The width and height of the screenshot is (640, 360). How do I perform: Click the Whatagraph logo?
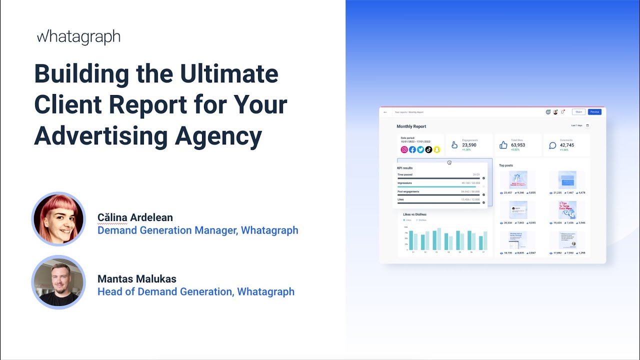click(x=78, y=37)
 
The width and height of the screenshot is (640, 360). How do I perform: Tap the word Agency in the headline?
click(x=218, y=135)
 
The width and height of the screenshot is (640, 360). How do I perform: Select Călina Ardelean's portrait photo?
click(x=58, y=219)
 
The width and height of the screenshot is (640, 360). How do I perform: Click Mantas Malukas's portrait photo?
click(x=58, y=282)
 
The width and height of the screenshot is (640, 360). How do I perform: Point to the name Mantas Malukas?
click(x=137, y=279)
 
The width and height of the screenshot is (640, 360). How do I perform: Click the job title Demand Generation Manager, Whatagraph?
click(x=197, y=230)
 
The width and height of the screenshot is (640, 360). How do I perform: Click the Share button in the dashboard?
click(x=578, y=112)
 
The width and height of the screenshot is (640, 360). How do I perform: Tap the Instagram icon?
click(x=404, y=149)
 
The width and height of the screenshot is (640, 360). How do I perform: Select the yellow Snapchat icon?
click(x=436, y=149)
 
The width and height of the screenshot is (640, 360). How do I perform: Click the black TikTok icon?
click(x=428, y=149)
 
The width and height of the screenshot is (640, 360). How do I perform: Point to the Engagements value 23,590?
click(x=469, y=145)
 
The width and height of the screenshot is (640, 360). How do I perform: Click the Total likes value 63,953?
click(x=518, y=145)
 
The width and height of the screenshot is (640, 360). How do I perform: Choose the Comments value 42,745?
click(x=567, y=145)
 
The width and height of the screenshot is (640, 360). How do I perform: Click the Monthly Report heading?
click(x=411, y=126)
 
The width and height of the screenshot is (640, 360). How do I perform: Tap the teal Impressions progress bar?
click(x=436, y=186)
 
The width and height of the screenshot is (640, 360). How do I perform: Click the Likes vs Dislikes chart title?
click(x=414, y=214)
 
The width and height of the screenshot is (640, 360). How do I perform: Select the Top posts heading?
click(x=506, y=165)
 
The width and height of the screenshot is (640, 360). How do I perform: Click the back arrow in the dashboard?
click(x=385, y=112)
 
